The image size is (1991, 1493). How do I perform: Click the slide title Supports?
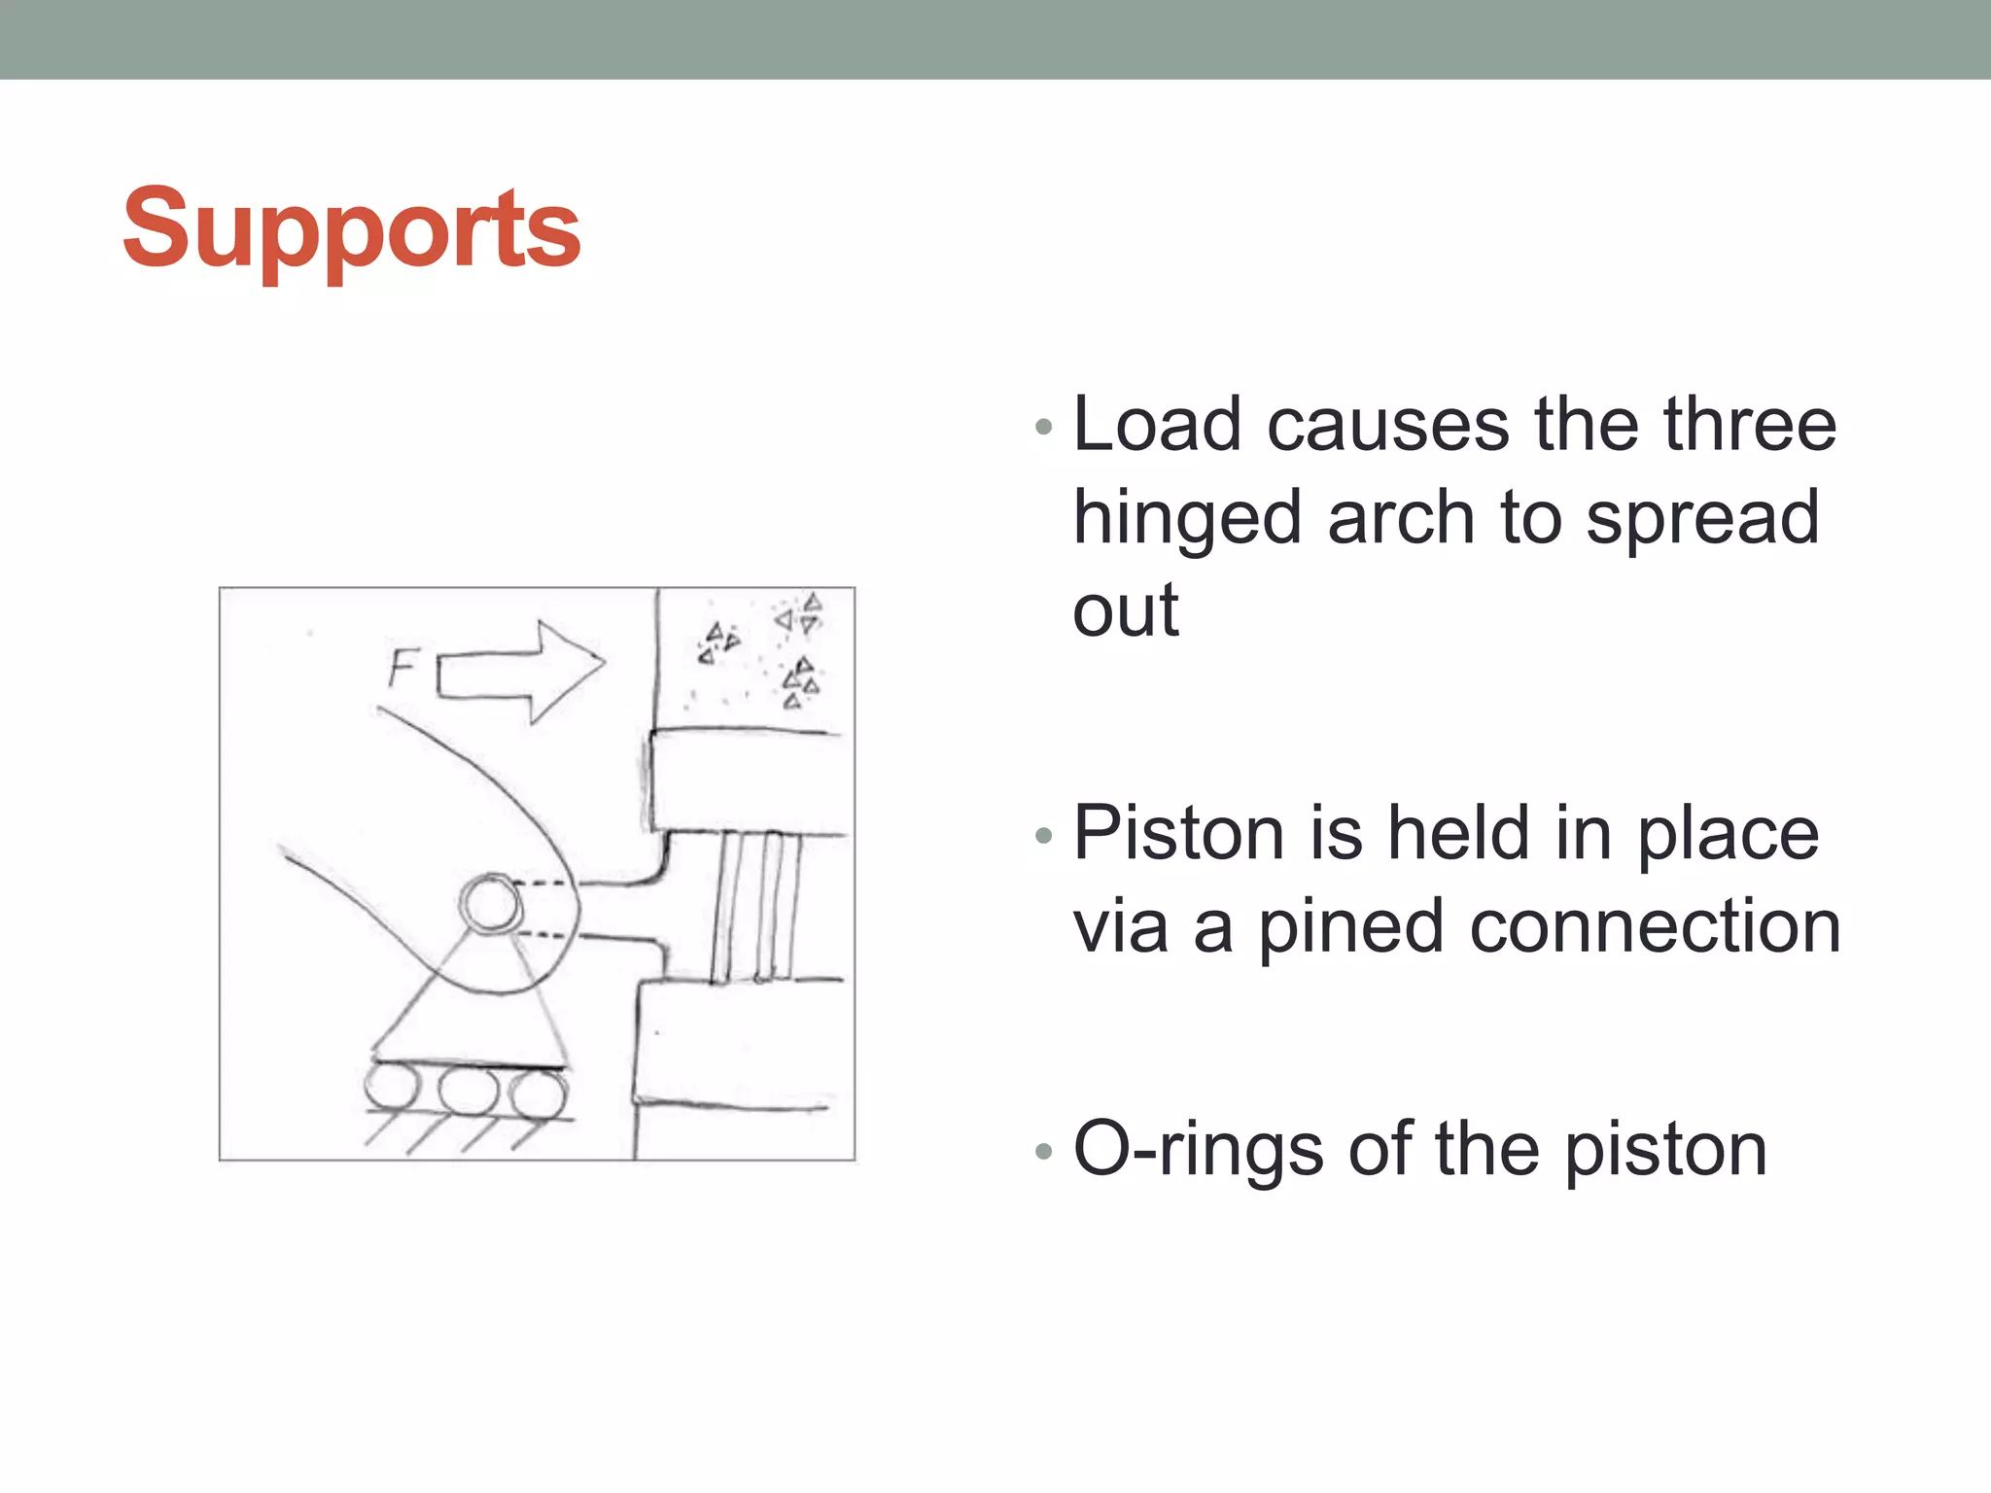click(351, 229)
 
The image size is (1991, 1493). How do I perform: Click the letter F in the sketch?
click(401, 668)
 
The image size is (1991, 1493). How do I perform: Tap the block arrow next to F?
click(520, 672)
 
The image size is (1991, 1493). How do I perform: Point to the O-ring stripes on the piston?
click(757, 906)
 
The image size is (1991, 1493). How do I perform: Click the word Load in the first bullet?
click(1156, 425)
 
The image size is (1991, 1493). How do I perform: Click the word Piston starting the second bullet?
click(1179, 833)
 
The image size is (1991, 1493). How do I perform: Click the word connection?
click(1655, 926)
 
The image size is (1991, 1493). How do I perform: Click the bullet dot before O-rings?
click(1044, 1152)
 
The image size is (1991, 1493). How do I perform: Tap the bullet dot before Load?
click(1044, 427)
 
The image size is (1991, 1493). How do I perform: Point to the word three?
click(1749, 425)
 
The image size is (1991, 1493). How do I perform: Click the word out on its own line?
click(1125, 611)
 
